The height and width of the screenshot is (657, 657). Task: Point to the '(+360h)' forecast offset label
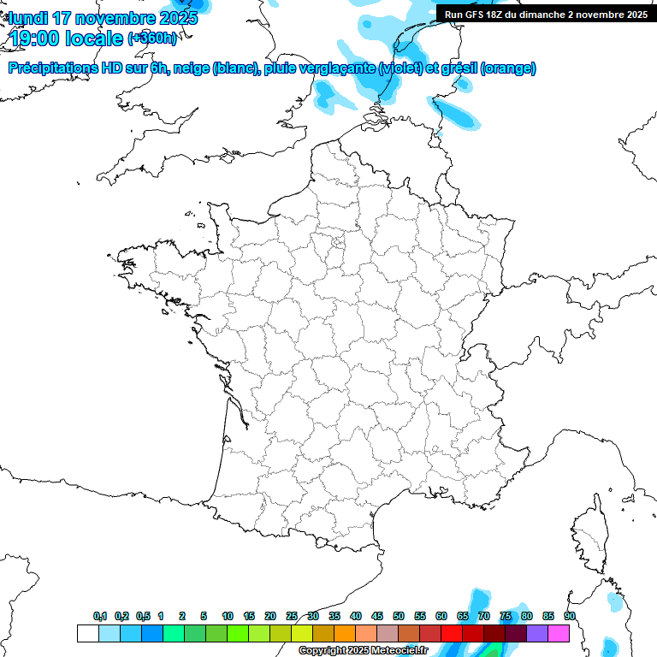pyautogui.click(x=151, y=38)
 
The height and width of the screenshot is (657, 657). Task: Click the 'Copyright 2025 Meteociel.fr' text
pyautogui.click(x=363, y=651)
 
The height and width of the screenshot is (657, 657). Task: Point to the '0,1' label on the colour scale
pyautogui.click(x=100, y=617)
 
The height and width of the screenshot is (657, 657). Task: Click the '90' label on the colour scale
pyautogui.click(x=570, y=617)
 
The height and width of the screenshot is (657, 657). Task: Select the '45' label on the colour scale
pyautogui.click(x=377, y=617)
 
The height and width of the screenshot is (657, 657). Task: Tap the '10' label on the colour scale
pyautogui.click(x=228, y=617)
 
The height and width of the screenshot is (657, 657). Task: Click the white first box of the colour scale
pyautogui.click(x=87, y=633)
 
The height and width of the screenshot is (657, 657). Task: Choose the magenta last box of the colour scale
pyautogui.click(x=559, y=633)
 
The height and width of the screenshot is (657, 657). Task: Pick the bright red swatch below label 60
pyautogui.click(x=452, y=633)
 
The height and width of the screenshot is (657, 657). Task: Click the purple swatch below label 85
pyautogui.click(x=537, y=633)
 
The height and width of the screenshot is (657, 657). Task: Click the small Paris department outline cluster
pyautogui.click(x=339, y=243)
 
